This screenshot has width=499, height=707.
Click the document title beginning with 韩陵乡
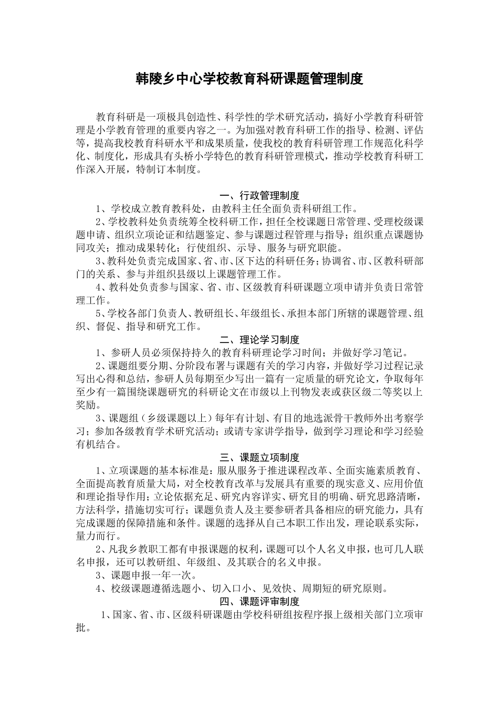[x=250, y=79]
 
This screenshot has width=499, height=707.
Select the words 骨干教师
[x=335, y=419]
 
